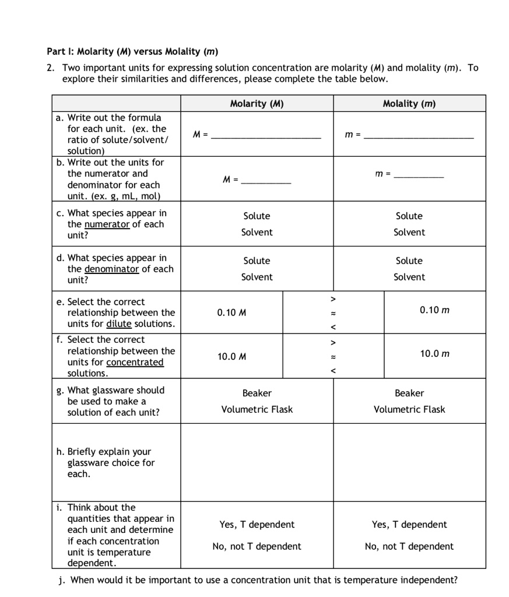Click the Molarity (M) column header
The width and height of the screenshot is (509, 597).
[257, 104]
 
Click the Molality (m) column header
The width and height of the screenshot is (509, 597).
[409, 104]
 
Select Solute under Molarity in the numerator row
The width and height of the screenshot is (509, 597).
[257, 216]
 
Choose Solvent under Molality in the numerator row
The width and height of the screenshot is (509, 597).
[409, 233]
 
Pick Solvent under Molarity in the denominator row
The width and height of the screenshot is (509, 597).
[257, 278]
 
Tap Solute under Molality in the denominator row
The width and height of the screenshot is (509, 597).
[409, 261]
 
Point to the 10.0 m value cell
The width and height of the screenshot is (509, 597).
[434, 354]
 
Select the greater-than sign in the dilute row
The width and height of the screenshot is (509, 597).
[334, 299]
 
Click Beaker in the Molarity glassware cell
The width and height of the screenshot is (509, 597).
[257, 394]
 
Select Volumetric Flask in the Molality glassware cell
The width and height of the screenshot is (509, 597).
[409, 410]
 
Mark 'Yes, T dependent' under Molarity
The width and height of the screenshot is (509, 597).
[257, 525]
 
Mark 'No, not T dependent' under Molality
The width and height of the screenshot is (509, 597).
[409, 547]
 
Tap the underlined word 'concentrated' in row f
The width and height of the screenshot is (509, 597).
[135, 363]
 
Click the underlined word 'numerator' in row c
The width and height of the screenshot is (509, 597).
[107, 224]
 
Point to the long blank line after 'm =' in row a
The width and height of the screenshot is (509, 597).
[419, 136]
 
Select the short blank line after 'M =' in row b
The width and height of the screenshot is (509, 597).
[266, 182]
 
